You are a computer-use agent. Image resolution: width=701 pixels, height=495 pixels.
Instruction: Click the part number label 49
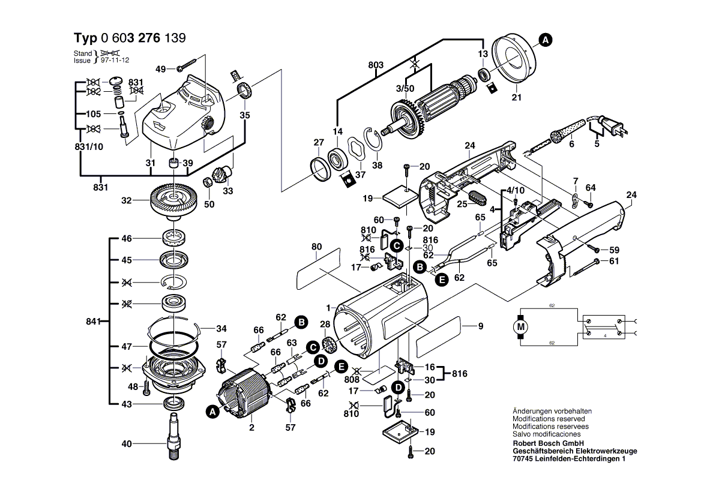(x=160, y=69)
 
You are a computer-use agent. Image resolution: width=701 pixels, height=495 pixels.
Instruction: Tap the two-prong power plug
(x=612, y=127)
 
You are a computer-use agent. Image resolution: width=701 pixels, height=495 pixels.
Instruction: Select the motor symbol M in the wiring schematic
(x=520, y=326)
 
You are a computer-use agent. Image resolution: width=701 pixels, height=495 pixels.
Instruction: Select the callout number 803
(x=376, y=64)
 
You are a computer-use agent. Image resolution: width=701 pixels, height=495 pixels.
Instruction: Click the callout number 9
(x=480, y=326)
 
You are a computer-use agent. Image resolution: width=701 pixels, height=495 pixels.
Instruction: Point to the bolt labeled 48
(x=146, y=389)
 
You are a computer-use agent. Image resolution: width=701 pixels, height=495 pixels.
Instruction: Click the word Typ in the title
(x=85, y=38)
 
